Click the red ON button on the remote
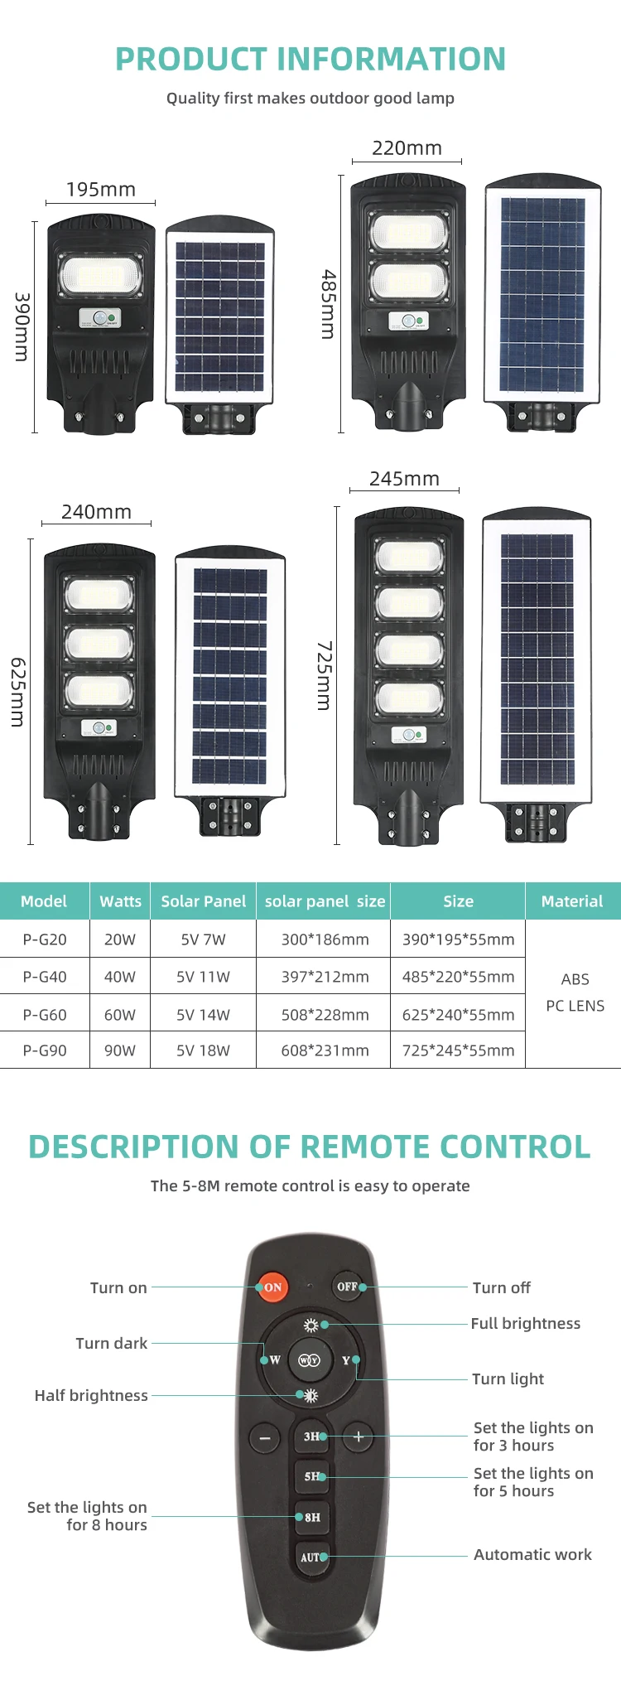coord(272,1287)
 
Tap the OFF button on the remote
coord(347,1287)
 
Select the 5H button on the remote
coord(312,1476)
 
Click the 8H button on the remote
coord(312,1517)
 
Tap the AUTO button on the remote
coord(312,1557)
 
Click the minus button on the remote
coord(265,1437)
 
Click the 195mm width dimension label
coord(101,189)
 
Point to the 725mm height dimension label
coord(325,675)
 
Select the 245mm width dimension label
coord(404,479)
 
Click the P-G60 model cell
coord(45,1015)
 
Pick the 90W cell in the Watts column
coord(120,1050)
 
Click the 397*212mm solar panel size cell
coord(325,977)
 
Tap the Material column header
coord(572,901)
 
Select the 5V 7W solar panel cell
coord(203,939)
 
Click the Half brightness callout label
coord(91,1395)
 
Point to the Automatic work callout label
coord(532,1554)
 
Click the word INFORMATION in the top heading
coord(391,59)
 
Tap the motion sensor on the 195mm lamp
coord(101,317)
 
